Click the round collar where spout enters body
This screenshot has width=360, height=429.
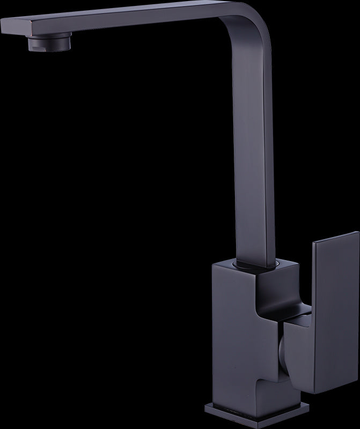(x=256, y=264)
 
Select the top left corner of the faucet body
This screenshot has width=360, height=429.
(x=214, y=262)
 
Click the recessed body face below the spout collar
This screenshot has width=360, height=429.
(x=268, y=295)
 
